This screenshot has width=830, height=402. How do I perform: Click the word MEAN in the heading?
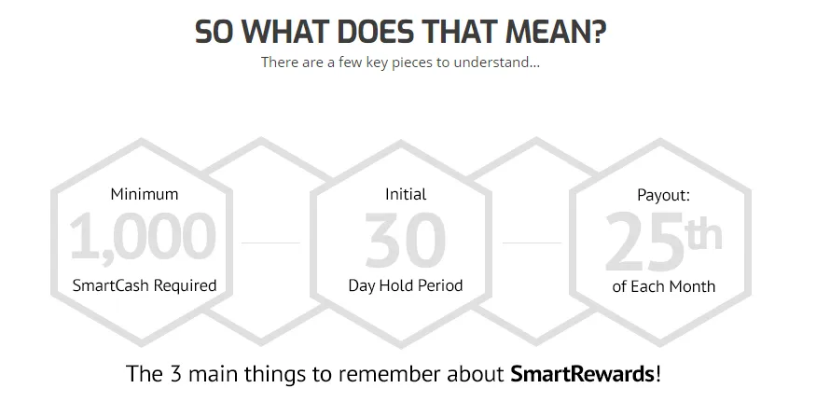click(556, 32)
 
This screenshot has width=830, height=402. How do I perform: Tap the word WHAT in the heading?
click(289, 32)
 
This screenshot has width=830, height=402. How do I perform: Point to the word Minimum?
click(145, 194)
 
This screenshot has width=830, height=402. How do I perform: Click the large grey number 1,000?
click(143, 236)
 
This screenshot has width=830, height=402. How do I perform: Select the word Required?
click(186, 286)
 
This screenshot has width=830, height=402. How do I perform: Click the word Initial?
click(406, 194)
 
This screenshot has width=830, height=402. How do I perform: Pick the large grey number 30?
click(406, 240)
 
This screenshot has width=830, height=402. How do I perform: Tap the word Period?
click(440, 285)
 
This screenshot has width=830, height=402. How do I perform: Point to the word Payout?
click(664, 195)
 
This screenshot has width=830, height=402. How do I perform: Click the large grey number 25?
click(644, 242)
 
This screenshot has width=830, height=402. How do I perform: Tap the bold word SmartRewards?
click(582, 374)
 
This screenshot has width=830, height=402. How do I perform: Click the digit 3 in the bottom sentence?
click(176, 374)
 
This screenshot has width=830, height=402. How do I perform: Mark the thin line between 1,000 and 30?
click(270, 243)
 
